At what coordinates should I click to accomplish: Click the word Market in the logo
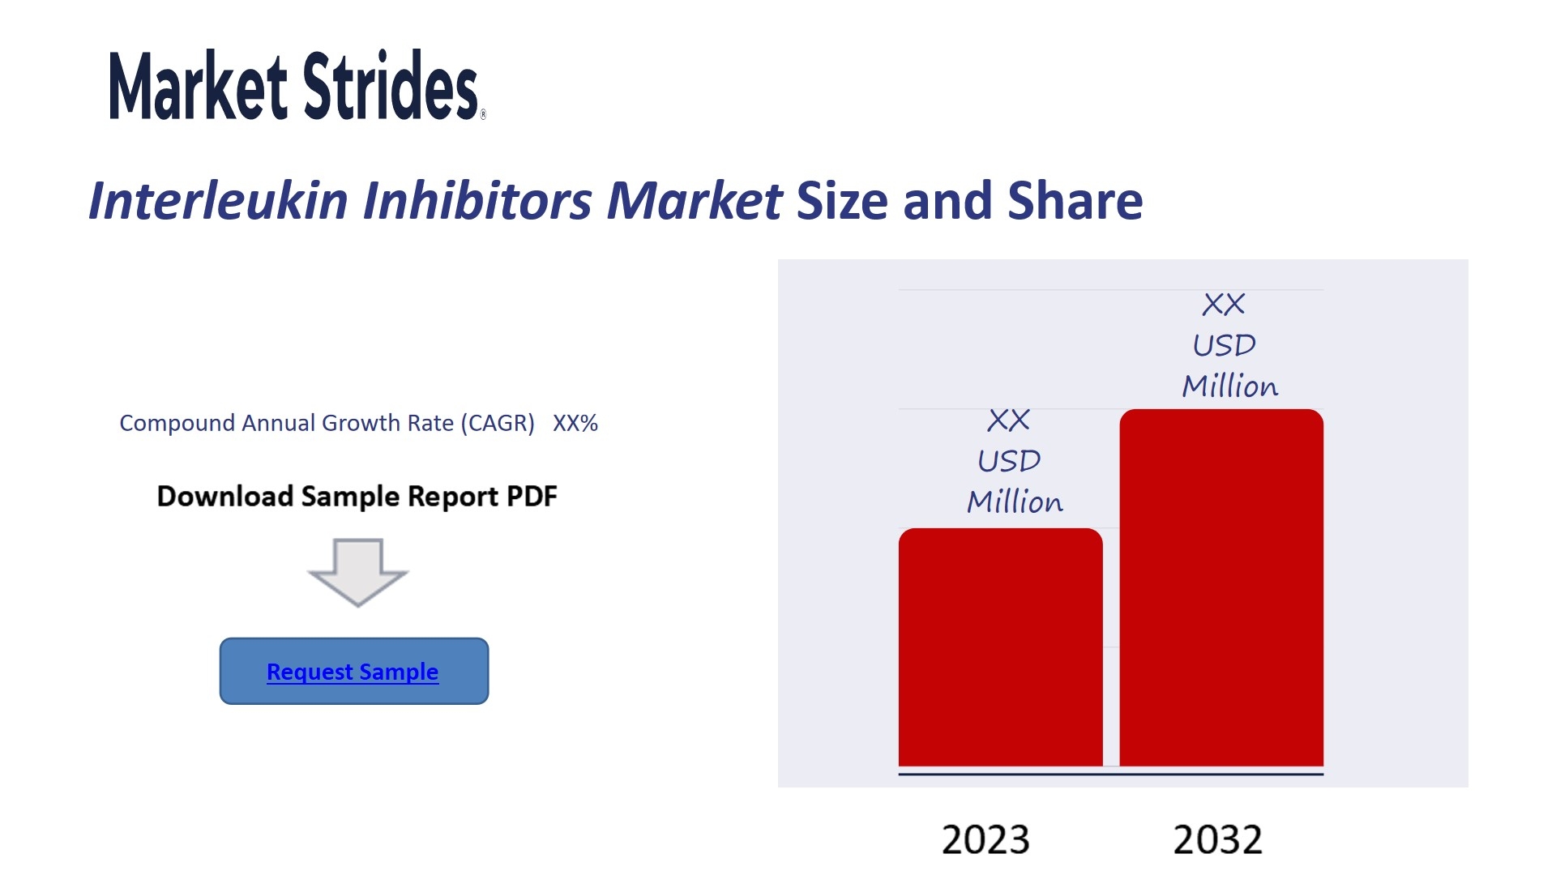pos(198,86)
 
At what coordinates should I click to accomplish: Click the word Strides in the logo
pos(391,84)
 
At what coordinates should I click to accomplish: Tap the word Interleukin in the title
pos(218,200)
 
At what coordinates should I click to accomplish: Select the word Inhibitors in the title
pos(478,200)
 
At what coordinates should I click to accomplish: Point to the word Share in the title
pos(1075,200)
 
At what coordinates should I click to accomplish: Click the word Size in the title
pos(842,200)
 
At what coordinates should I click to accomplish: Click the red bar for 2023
pos(1000,647)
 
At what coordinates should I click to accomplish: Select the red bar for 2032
pos(1221,587)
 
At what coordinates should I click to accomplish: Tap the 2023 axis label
pos(985,839)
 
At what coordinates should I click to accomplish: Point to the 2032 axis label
pos(1218,839)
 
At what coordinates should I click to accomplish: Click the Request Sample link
pos(353,672)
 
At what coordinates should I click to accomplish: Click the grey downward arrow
pos(358,572)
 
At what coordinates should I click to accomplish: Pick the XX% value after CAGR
pos(575,423)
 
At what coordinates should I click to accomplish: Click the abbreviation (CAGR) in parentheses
pos(498,423)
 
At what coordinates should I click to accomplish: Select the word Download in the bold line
pos(225,496)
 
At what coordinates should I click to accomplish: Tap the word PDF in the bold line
pos(532,496)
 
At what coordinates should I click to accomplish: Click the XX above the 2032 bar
pos(1224,305)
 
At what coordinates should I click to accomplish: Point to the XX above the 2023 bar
pos(1009,420)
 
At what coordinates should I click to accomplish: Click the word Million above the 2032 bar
pos(1230,386)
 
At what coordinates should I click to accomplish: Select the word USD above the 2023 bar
pos(1009,461)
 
